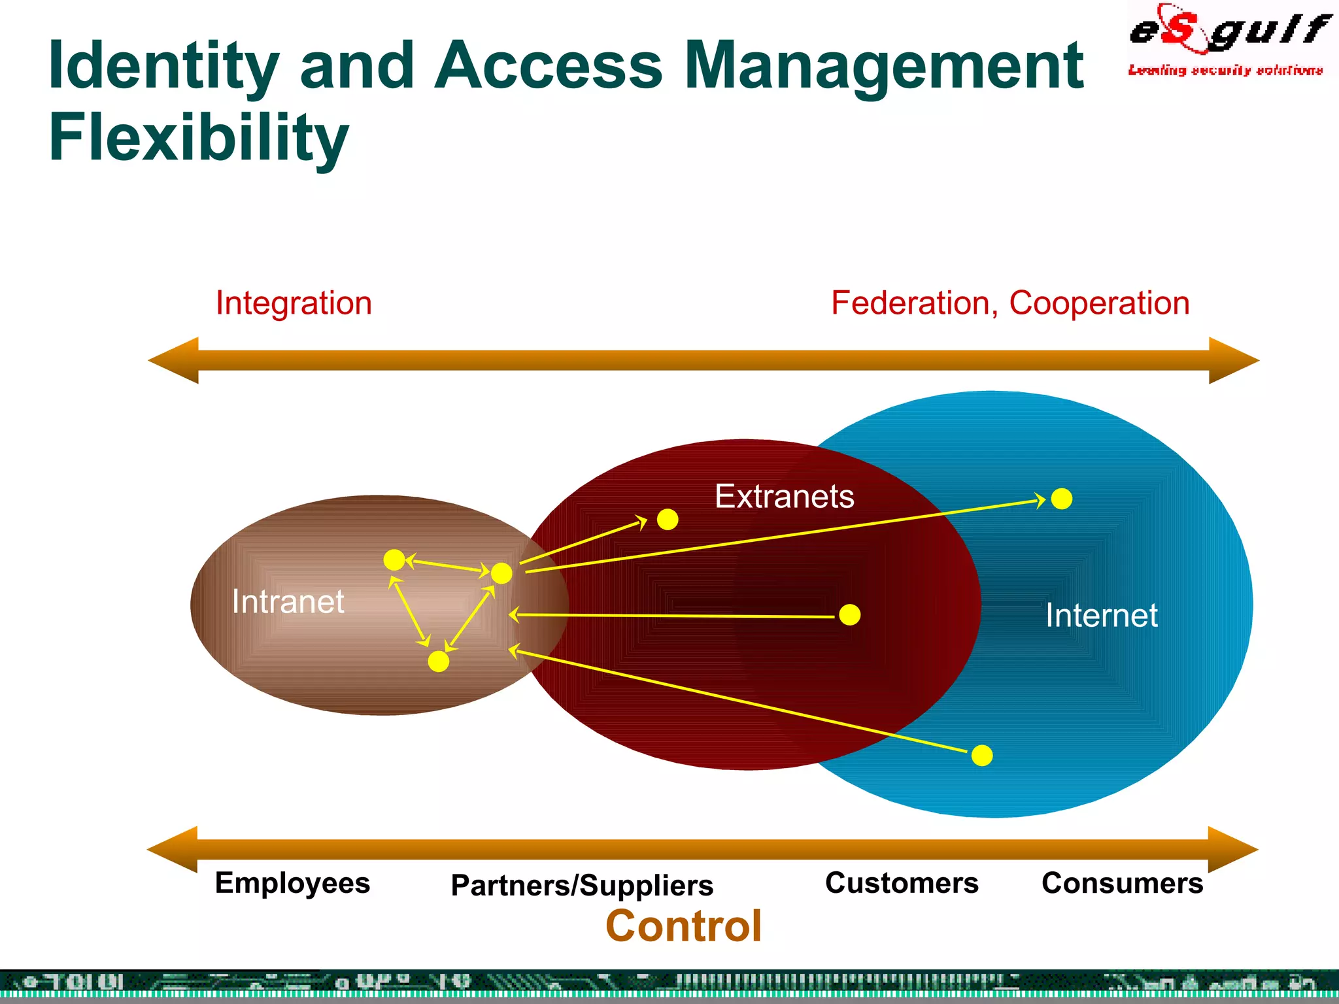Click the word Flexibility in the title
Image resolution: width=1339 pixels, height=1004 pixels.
(x=199, y=137)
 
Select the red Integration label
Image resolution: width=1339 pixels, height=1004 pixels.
(x=294, y=303)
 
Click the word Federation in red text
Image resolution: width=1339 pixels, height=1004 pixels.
(x=913, y=303)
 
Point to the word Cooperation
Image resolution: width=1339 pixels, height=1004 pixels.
(x=1099, y=303)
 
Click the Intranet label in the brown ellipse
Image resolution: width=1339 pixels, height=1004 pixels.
(x=288, y=601)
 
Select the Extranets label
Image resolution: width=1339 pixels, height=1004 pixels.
(x=784, y=496)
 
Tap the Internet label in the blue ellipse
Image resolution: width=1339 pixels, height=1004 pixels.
(x=1101, y=615)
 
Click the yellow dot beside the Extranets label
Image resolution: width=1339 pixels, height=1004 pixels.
(x=668, y=520)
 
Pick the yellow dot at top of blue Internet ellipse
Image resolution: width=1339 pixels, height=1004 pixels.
(x=1062, y=499)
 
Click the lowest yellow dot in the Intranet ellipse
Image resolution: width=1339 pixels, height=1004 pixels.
(x=438, y=661)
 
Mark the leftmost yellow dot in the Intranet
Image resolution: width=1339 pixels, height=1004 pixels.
(x=394, y=560)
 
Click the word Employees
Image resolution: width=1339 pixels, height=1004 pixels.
(x=292, y=883)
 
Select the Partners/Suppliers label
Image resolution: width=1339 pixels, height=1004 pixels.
(x=582, y=885)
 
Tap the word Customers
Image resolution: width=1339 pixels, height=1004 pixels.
(x=902, y=883)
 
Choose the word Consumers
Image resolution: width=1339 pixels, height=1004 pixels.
(x=1122, y=883)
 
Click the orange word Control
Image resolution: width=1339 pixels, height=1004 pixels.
(x=683, y=926)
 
